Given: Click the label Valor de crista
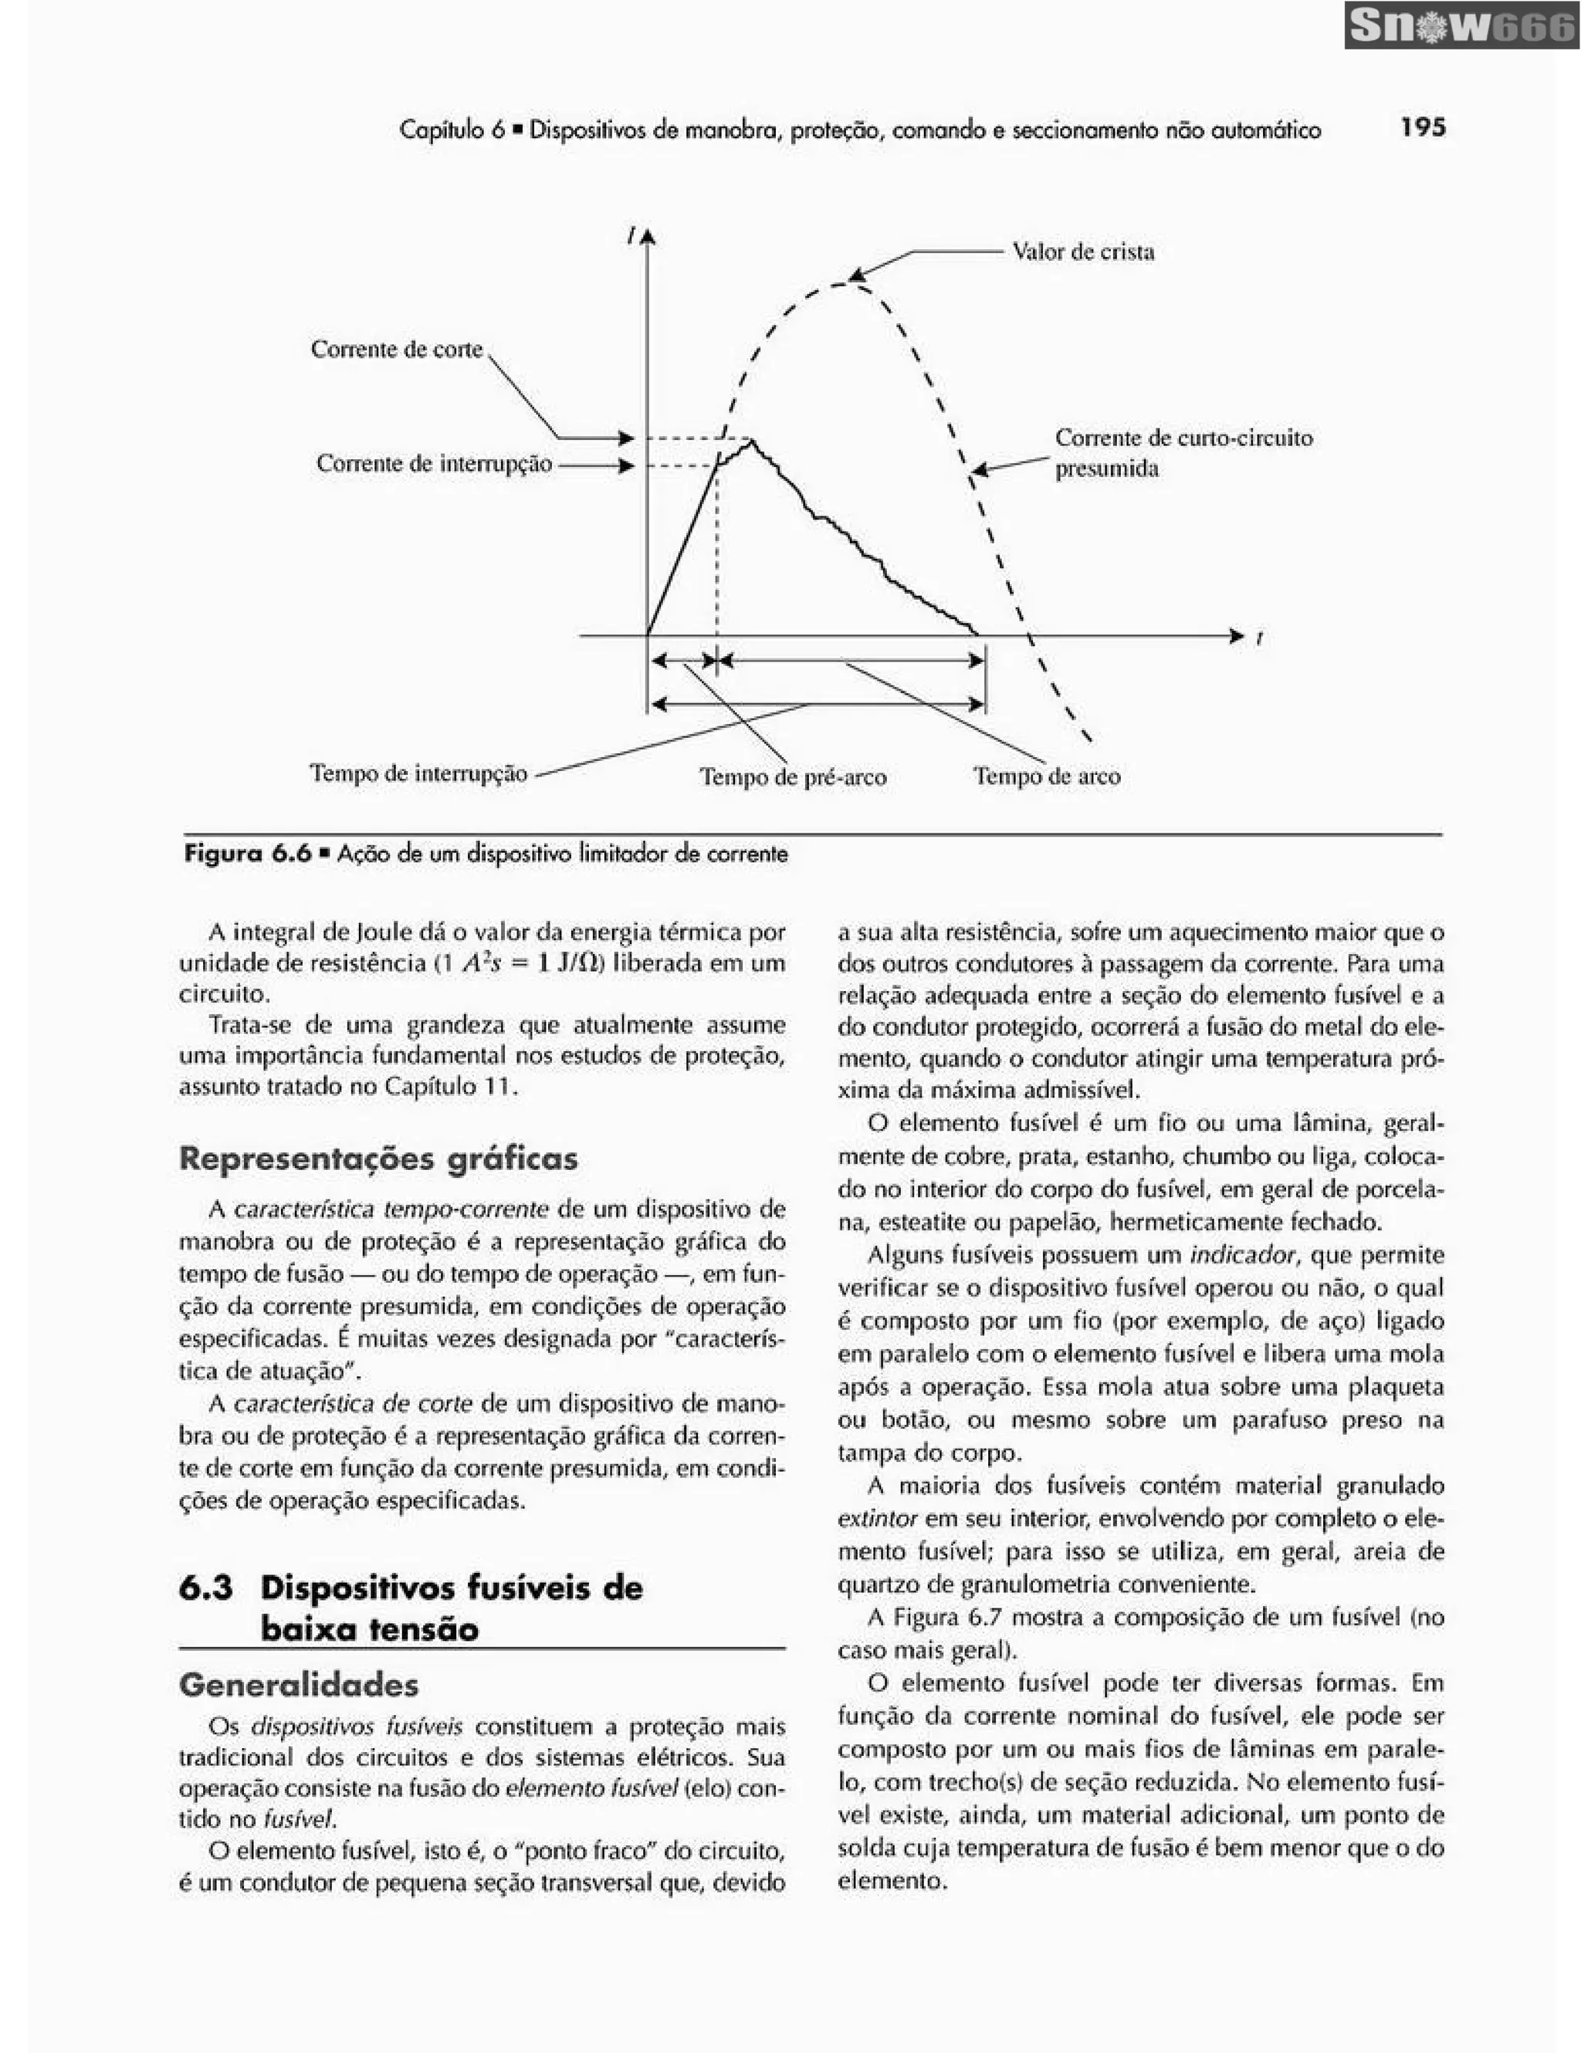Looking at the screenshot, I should pyautogui.click(x=1083, y=252).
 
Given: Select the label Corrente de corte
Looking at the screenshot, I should pyautogui.click(x=396, y=350).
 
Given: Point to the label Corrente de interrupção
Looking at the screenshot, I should pyautogui.click(x=433, y=465).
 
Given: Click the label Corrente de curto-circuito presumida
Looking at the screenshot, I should pyautogui.click(x=1183, y=453).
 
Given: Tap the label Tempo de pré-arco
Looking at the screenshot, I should pyautogui.click(x=792, y=777).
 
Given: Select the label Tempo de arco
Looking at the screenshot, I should pyautogui.click(x=1046, y=776).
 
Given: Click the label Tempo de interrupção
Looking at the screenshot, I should pyautogui.click(x=418, y=773).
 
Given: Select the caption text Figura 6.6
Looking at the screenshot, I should pyautogui.click(x=246, y=854).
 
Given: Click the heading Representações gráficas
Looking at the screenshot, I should pyautogui.click(x=377, y=1158).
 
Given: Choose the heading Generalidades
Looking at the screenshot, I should pyautogui.click(x=298, y=1685).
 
